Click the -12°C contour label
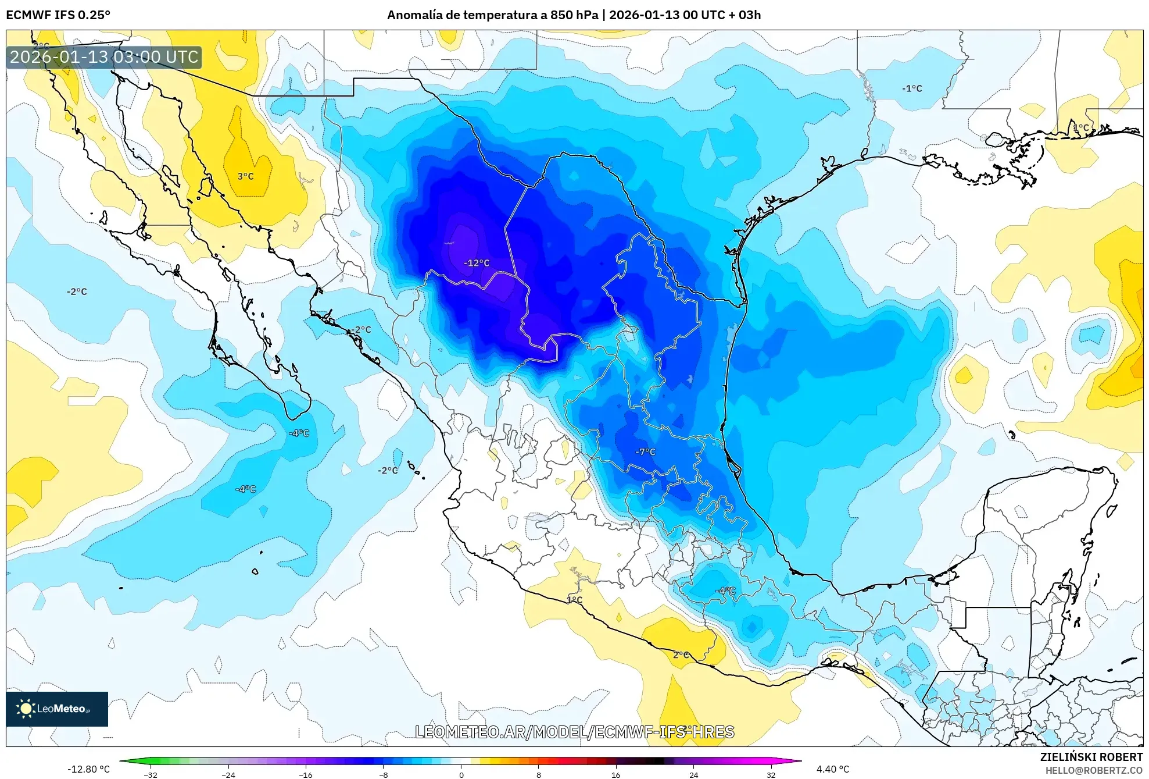[x=476, y=263]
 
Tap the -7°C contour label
[x=645, y=451]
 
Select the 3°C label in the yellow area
[x=245, y=176]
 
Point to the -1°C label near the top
[x=912, y=88]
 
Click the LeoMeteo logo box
[x=57, y=709]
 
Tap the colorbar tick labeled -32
[x=151, y=774]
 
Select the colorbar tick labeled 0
[x=461, y=774]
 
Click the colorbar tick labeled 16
[x=616, y=774]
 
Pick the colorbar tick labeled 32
[x=771, y=774]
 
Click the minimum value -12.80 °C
[x=88, y=769]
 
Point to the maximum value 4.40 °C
[x=833, y=769]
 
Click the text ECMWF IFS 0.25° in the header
[x=58, y=15]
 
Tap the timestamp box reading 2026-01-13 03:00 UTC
[x=104, y=57]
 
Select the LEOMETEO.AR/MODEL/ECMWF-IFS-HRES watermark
[x=574, y=732]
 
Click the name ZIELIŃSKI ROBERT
[x=1091, y=757]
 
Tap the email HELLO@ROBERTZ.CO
[x=1094, y=770]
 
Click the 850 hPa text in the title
[x=574, y=15]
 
